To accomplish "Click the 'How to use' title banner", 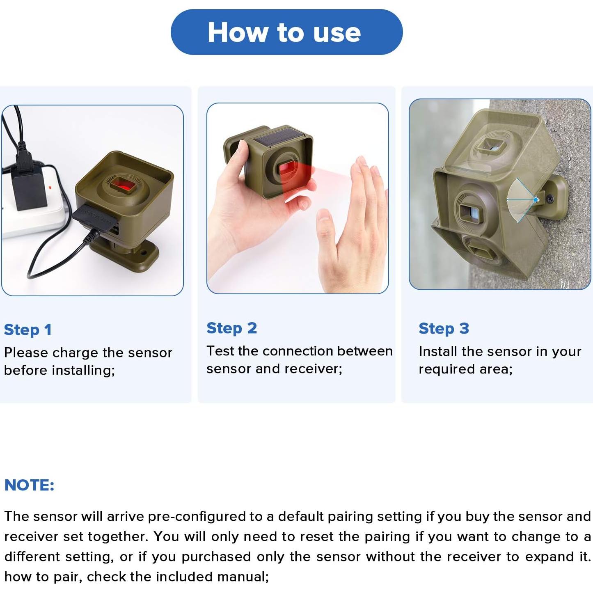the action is click(286, 32).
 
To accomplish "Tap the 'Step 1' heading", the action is click(27, 330).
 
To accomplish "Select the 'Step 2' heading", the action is click(232, 328).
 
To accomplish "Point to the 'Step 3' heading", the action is click(444, 328).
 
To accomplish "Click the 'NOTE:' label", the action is click(30, 485).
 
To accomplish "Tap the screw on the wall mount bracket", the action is click(551, 199).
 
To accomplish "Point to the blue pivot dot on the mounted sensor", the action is click(536, 200).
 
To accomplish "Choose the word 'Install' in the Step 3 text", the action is click(437, 351).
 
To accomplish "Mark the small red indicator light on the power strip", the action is click(50, 187).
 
